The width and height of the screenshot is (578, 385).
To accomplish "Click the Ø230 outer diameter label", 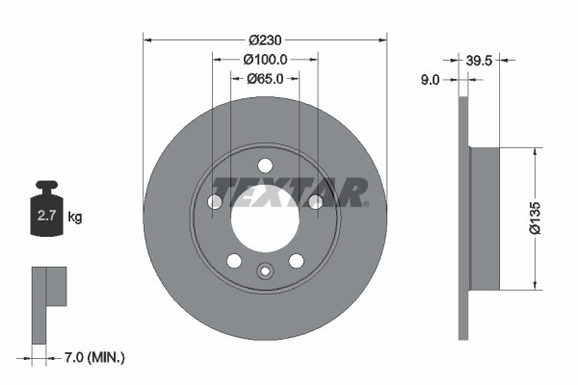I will pos(265,40).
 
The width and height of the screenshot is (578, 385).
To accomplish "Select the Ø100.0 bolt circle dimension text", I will pos(265,60).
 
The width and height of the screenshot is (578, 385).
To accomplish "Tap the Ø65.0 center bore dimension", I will pos(265,79).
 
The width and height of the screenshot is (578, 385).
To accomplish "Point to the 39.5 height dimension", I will pos(479,60).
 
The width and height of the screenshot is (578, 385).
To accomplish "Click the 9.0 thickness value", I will pos(430,81).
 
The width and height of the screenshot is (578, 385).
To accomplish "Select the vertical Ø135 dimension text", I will pos(551,218).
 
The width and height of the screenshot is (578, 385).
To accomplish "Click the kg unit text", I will pos(75,218).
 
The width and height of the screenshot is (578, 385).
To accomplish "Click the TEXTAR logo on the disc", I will pos(289,192).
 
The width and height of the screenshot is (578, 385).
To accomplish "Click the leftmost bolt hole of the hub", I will pos(215,201).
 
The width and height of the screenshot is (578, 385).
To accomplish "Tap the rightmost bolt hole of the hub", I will pos(315,201).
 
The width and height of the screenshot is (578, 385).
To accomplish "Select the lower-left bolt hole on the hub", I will pos(233,260).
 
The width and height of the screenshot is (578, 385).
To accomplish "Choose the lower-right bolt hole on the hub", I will pos(297,260).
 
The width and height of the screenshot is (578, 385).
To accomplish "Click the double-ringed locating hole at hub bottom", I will pos(265,270).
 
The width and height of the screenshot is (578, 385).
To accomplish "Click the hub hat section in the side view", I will pos(486,218).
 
